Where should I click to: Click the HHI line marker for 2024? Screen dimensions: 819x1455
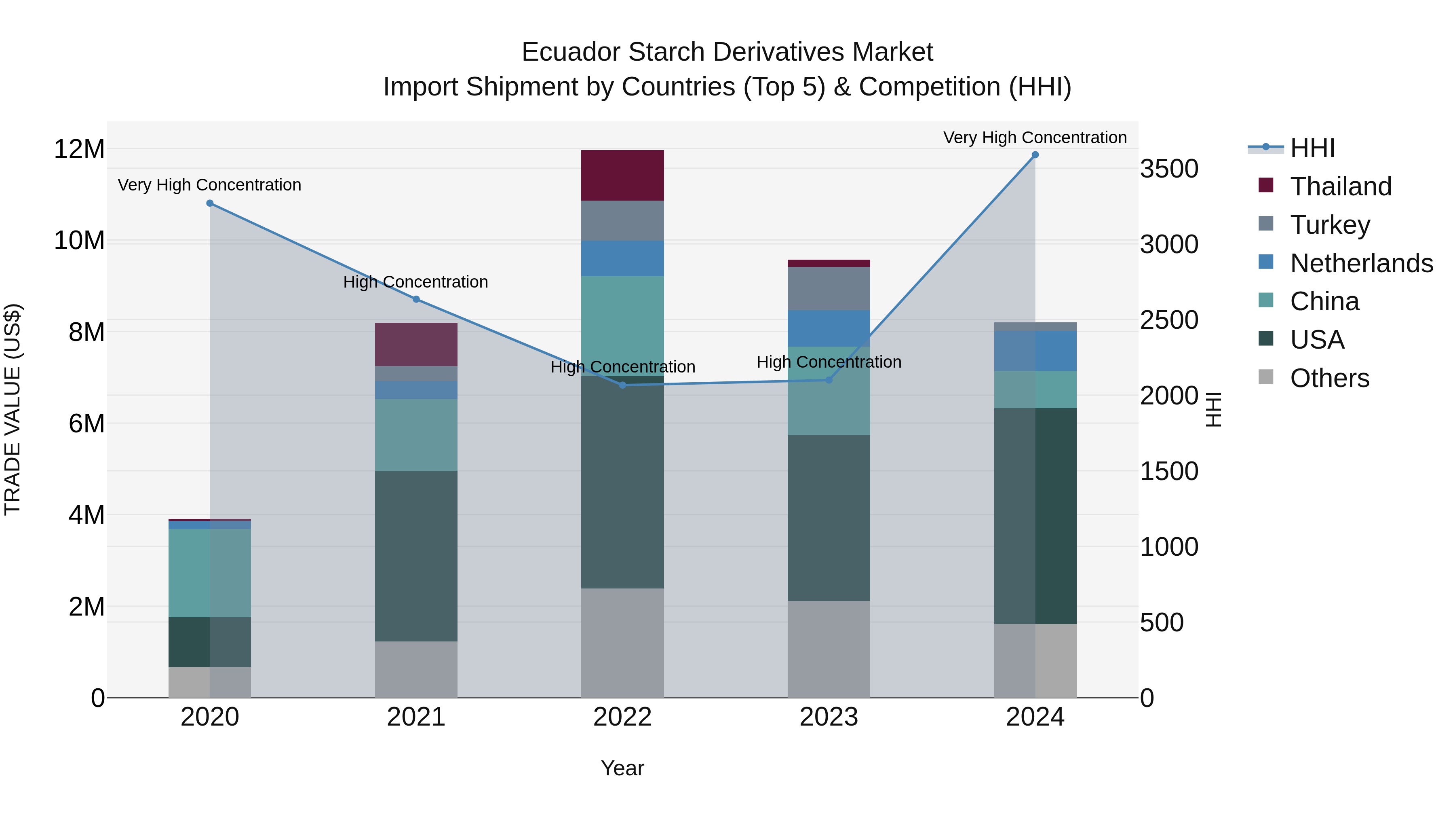pyautogui.click(x=1035, y=155)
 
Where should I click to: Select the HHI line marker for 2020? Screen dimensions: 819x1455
pyautogui.click(x=209, y=203)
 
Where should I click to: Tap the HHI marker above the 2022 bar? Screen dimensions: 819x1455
pyautogui.click(x=622, y=385)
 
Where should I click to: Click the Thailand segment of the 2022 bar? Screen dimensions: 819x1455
pyautogui.click(x=622, y=175)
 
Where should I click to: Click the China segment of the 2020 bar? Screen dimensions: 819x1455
pyautogui.click(x=209, y=573)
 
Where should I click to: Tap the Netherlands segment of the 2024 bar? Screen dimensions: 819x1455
pyautogui.click(x=1035, y=351)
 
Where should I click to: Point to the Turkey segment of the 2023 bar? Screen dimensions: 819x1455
pyautogui.click(x=829, y=288)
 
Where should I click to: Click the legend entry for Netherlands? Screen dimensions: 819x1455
pyautogui.click(x=1361, y=263)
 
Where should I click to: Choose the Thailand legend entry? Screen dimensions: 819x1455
pyautogui.click(x=1340, y=186)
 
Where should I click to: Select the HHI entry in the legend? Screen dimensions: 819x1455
pyautogui.click(x=1312, y=148)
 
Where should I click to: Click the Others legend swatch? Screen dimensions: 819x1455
pyautogui.click(x=1266, y=377)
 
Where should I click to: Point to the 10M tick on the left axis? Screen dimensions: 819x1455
pyautogui.click(x=79, y=241)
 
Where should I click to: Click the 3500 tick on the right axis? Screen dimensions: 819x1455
pyautogui.click(x=1168, y=169)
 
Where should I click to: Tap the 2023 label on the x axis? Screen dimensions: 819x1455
pyautogui.click(x=829, y=717)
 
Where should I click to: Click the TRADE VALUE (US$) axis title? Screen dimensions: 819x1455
pyautogui.click(x=13, y=409)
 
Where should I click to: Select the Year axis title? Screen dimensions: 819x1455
pyautogui.click(x=622, y=768)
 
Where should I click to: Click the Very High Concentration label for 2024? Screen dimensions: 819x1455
pyautogui.click(x=1035, y=138)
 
